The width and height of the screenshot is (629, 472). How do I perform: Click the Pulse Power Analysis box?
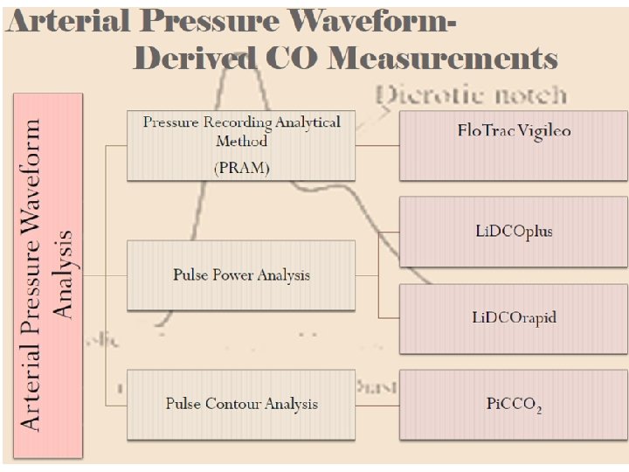click(241, 274)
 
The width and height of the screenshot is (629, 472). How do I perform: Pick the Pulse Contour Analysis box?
click(241, 404)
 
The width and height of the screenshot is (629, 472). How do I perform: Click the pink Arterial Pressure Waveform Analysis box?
click(48, 275)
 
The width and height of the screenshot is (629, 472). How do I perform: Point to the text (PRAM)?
click(241, 169)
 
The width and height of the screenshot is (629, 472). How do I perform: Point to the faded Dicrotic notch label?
click(473, 95)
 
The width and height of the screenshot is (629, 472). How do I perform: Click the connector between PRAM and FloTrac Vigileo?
click(377, 144)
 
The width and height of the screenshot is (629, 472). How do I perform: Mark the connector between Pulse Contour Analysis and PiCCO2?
click(377, 404)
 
